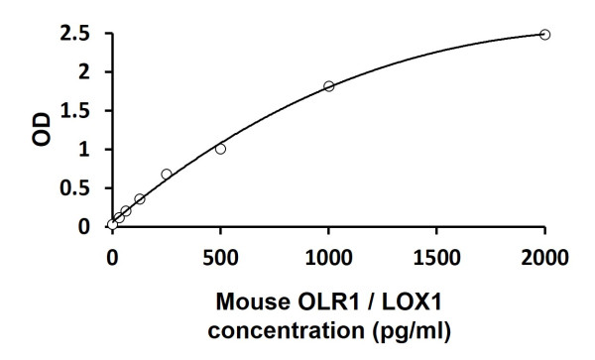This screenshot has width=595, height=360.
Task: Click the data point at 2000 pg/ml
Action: (544, 35)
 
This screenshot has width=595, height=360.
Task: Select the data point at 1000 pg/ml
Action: (329, 86)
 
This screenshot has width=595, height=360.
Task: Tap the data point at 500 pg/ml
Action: (220, 149)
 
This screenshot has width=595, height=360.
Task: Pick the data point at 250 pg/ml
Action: (167, 175)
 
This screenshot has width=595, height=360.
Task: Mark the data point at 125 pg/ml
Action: (140, 199)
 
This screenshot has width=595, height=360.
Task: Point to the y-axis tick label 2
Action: (85, 72)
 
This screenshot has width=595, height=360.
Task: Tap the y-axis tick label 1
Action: (85, 150)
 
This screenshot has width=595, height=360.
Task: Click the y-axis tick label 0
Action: (85, 227)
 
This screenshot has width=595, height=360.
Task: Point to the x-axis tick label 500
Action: (220, 259)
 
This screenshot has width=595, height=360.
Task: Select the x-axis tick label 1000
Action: (328, 259)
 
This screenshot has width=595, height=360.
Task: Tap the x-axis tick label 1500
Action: (436, 259)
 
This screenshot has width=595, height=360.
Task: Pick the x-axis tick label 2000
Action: (544, 259)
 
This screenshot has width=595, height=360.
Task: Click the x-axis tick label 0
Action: (112, 259)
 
